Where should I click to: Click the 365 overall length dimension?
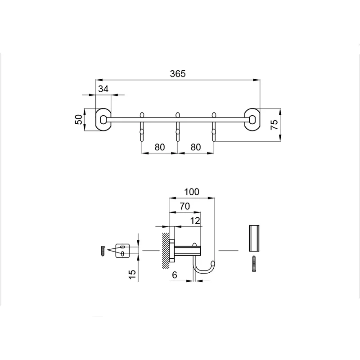click(178, 74)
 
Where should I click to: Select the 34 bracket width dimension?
click(103, 89)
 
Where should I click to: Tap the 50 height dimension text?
click(78, 119)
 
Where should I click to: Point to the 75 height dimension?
click(274, 125)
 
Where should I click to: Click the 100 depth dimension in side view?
click(192, 192)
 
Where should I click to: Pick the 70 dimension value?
click(185, 207)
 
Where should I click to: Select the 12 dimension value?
click(195, 220)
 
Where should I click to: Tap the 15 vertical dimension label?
click(132, 274)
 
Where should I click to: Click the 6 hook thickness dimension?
click(175, 275)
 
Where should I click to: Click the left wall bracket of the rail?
click(103, 119)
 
